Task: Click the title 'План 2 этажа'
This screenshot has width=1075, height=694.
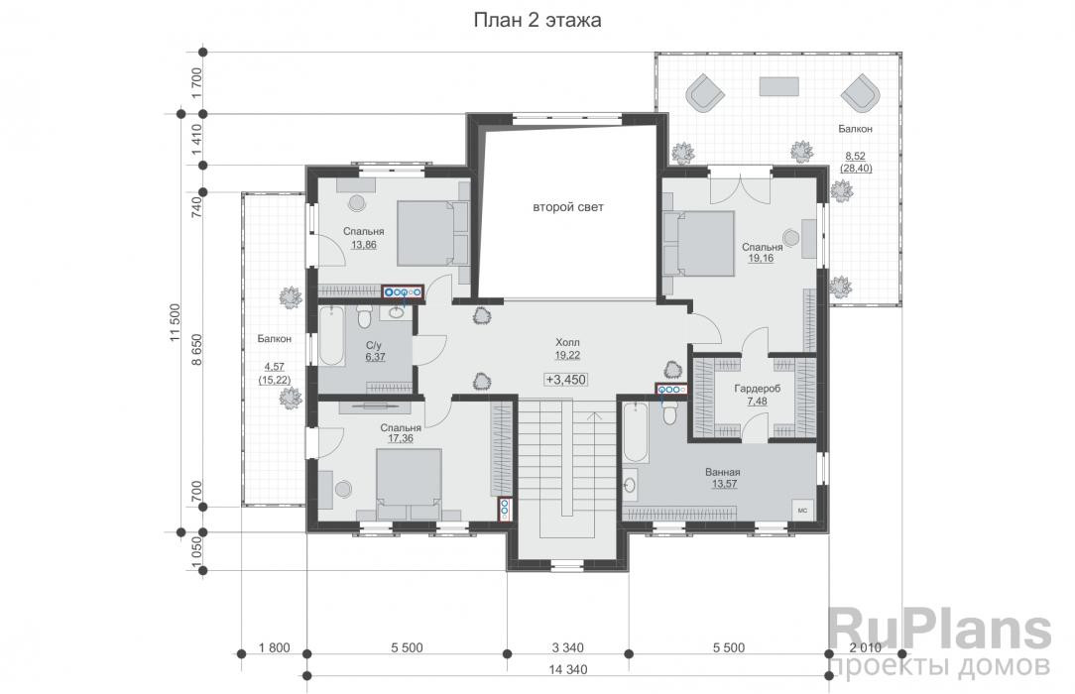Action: [537, 20]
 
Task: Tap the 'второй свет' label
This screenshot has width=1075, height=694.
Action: [568, 207]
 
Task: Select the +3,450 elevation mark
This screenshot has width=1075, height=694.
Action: [566, 379]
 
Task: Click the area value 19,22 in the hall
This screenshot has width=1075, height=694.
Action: [567, 355]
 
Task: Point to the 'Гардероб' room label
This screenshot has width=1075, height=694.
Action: [757, 389]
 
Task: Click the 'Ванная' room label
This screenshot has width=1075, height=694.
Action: [723, 472]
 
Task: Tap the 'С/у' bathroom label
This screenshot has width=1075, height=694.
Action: [374, 346]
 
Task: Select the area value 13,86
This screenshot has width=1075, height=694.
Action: [363, 245]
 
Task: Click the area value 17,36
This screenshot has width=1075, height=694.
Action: [401, 438]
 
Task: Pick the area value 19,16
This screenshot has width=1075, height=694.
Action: [761, 259]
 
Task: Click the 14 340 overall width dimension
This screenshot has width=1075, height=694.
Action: [568, 668]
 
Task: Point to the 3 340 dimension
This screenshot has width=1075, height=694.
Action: [567, 647]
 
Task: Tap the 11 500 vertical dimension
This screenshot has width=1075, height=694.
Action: [176, 322]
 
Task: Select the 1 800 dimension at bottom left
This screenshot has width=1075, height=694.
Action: [275, 647]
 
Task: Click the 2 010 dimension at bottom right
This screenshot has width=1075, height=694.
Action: [865, 647]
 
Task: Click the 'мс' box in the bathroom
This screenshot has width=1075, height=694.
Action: [803, 511]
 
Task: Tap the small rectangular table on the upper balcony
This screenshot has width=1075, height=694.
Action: [778, 86]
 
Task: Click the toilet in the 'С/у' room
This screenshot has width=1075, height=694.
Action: [364, 317]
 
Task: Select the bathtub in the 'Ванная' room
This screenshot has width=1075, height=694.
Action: [634, 433]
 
